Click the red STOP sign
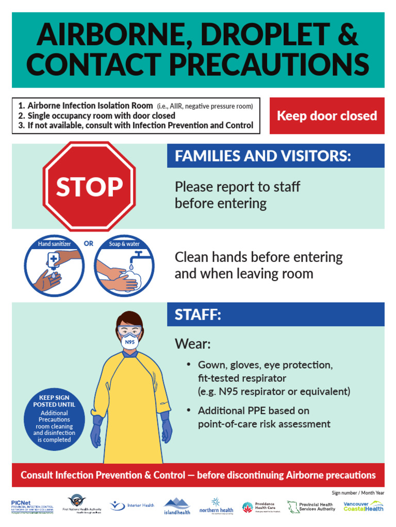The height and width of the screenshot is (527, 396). [x=89, y=186]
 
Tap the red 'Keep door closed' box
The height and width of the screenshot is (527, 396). [x=327, y=116]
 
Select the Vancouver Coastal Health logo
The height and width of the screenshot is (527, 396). [x=364, y=506]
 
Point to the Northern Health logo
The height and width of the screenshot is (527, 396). [x=217, y=506]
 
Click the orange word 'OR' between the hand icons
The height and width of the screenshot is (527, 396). [x=89, y=243]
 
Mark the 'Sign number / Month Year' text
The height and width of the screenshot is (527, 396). [x=358, y=493]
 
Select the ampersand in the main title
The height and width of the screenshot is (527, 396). [x=348, y=36]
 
